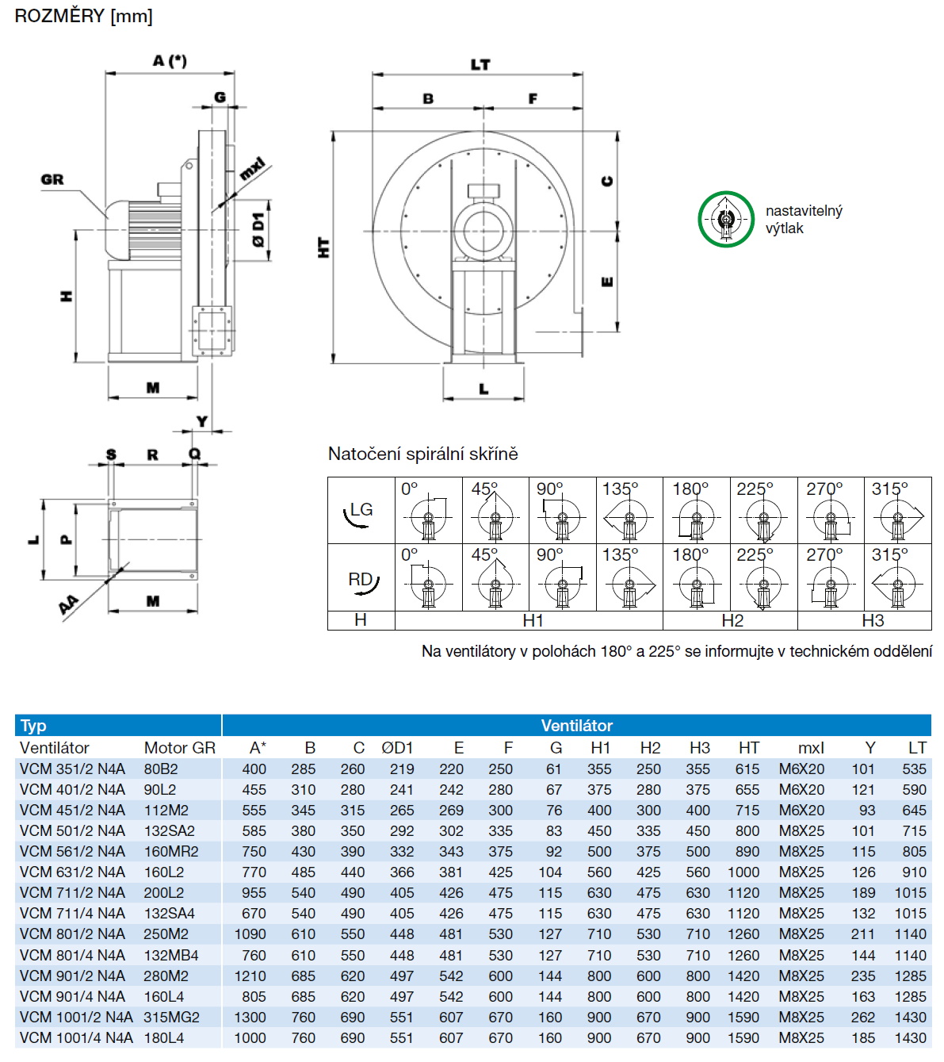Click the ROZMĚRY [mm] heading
coord(83,16)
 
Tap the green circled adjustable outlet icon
coord(725,220)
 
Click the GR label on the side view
coord(52,180)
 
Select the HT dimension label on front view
coord(323,247)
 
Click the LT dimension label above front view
coord(480,64)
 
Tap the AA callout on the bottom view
coord(69,605)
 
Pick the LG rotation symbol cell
coord(361,511)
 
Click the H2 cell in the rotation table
coord(732,620)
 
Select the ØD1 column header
coord(397,748)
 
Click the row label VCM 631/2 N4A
coord(72,872)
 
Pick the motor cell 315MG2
coord(171,1017)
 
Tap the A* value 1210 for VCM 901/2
coord(250,976)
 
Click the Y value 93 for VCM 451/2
coord(867,810)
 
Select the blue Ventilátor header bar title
coord(576,725)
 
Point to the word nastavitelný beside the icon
coord(804,211)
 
